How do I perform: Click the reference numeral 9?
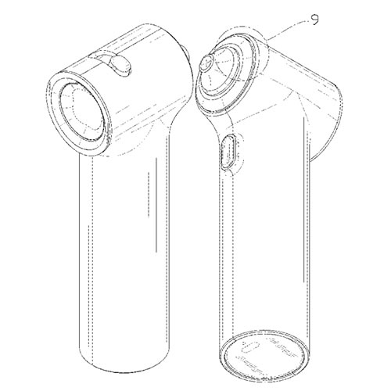314,20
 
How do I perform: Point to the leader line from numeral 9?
287,30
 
